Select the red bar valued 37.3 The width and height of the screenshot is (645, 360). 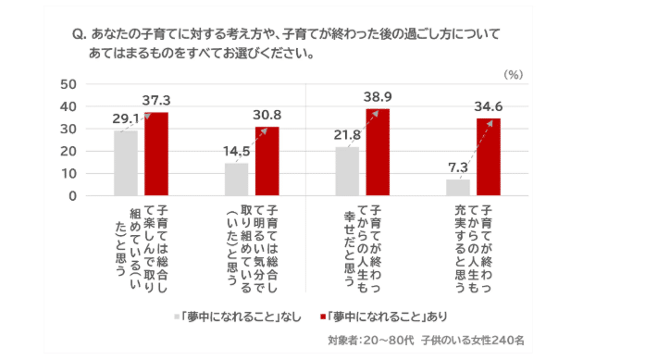156,154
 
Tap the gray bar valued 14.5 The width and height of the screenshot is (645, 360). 236,180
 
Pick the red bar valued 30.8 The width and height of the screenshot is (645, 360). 267,161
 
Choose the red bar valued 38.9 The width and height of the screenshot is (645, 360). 378,152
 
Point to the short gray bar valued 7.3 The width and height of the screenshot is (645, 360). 457,187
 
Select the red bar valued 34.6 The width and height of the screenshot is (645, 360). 488,157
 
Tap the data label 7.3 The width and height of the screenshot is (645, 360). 455,167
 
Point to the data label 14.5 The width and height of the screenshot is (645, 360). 235,151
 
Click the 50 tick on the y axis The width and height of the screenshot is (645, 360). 67,84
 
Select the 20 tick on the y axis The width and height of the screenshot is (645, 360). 67,151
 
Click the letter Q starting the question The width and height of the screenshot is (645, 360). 77,33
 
